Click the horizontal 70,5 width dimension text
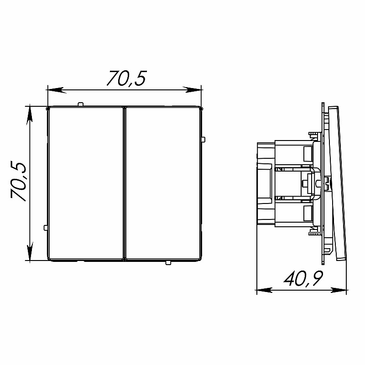point(126,78)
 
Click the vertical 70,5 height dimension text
point(18,181)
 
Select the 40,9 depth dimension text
point(303,279)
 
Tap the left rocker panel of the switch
point(85,183)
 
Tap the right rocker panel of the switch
point(163,183)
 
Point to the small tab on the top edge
point(80,104)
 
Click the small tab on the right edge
point(203,140)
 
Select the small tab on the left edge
point(46,227)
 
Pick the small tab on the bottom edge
point(168,263)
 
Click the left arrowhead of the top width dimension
point(55,90)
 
